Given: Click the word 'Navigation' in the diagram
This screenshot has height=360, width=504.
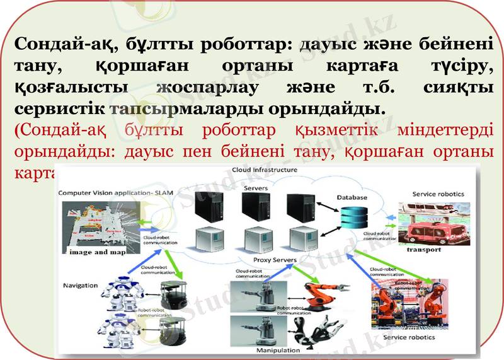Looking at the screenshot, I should pos(80,286).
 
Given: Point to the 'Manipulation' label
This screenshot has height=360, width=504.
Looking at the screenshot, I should pos(277,349).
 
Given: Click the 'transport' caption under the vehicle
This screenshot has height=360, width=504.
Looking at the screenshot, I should pos(423,250).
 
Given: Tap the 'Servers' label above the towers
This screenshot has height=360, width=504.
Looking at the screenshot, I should pos(255,188).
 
